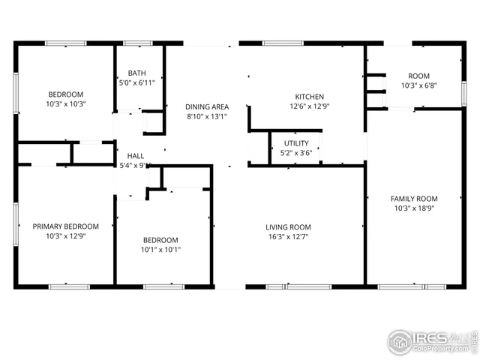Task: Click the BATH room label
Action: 137,73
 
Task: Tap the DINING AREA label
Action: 207,106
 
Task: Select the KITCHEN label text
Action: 309,97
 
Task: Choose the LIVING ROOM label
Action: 288,226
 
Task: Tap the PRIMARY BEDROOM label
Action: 65,226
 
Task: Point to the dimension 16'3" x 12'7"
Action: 288,237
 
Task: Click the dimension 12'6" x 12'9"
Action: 309,106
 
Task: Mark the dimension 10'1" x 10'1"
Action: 161,250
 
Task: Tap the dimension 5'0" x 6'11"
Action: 137,82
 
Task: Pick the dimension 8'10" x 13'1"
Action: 207,116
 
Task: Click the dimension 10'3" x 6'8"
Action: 418,85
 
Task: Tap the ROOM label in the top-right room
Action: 418,76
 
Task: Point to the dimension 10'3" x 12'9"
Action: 65,236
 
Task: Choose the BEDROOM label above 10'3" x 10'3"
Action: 66,94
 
